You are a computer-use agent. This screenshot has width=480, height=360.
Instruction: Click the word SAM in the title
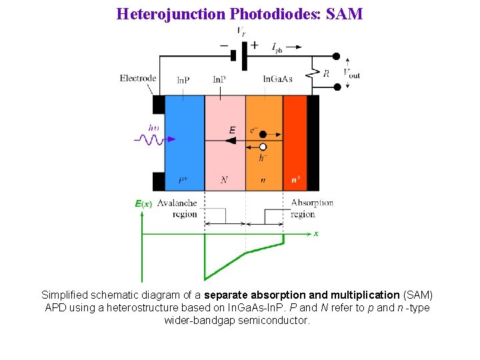pos(345,13)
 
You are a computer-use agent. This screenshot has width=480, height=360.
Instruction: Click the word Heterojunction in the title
pos(170,13)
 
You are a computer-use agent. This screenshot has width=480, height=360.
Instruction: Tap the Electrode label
pos(138,78)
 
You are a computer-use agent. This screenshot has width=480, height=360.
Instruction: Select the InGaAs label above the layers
pos(277,79)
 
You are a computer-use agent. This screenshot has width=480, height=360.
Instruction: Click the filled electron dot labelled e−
pos(263,134)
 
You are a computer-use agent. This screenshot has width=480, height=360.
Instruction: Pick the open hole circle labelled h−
pos(263,147)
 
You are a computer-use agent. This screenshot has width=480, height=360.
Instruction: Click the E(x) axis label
pos(144,203)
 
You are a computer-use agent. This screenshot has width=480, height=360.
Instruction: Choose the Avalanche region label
pos(177,208)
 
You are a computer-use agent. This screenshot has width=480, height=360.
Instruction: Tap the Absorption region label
pos(311,208)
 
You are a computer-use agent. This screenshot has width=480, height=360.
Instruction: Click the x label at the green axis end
pos(316,233)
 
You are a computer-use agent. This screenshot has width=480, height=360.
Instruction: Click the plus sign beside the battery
pos(254,45)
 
